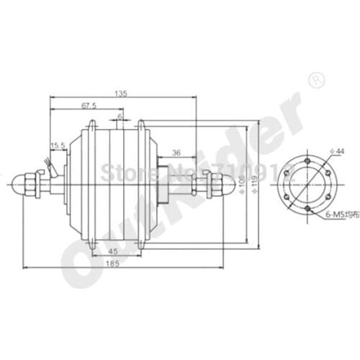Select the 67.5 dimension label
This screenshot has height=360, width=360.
89,106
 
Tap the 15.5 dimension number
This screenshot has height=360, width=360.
58,146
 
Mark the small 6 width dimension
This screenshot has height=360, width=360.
120,116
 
